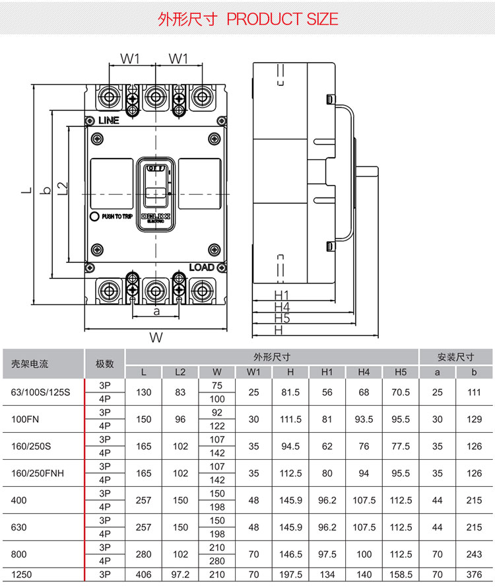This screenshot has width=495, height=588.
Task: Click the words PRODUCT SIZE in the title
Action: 282,19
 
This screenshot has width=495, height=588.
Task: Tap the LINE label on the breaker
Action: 108,121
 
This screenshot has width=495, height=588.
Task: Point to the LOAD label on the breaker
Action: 202,267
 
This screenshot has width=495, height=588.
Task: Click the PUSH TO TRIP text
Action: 117,216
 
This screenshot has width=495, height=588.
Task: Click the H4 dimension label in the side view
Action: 282,307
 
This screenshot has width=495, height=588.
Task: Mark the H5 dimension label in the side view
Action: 282,318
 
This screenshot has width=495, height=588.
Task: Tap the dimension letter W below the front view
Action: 156,338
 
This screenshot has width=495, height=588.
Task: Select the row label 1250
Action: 21,575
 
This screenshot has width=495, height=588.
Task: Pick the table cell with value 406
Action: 144,575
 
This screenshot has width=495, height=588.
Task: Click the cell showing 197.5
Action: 290,575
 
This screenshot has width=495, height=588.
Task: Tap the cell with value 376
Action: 474,575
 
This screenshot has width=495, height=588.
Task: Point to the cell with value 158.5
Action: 401,575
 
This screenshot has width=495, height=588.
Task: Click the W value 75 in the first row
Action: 217,385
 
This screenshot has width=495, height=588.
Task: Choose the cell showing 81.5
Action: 290,392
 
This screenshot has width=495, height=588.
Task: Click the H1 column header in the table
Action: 327,372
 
